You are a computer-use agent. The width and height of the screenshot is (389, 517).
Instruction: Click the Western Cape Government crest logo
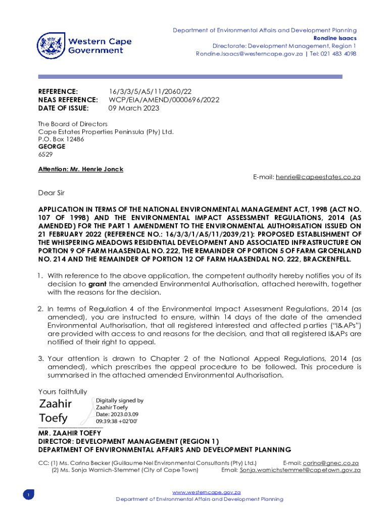point(51,45)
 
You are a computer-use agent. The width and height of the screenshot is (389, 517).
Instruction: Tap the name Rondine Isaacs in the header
point(335,38)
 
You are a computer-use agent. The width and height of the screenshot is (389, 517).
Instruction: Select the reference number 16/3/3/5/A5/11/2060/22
point(150,91)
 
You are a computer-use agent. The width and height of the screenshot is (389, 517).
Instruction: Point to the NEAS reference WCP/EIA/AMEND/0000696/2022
point(164,99)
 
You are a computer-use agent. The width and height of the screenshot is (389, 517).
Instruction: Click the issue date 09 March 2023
point(134,108)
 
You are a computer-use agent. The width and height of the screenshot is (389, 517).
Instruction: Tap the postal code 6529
point(45,154)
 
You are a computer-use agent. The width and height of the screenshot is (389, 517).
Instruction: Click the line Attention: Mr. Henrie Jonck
point(81,169)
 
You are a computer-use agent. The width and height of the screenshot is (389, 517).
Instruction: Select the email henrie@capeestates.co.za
point(318,177)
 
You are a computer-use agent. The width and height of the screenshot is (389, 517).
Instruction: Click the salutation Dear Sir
point(52,192)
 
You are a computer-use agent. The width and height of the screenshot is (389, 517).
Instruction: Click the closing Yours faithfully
point(63,392)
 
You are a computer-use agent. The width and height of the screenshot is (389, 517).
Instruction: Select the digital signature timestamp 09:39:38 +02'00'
point(117,421)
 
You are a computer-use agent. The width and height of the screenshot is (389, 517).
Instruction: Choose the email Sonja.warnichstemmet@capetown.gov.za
point(300,470)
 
